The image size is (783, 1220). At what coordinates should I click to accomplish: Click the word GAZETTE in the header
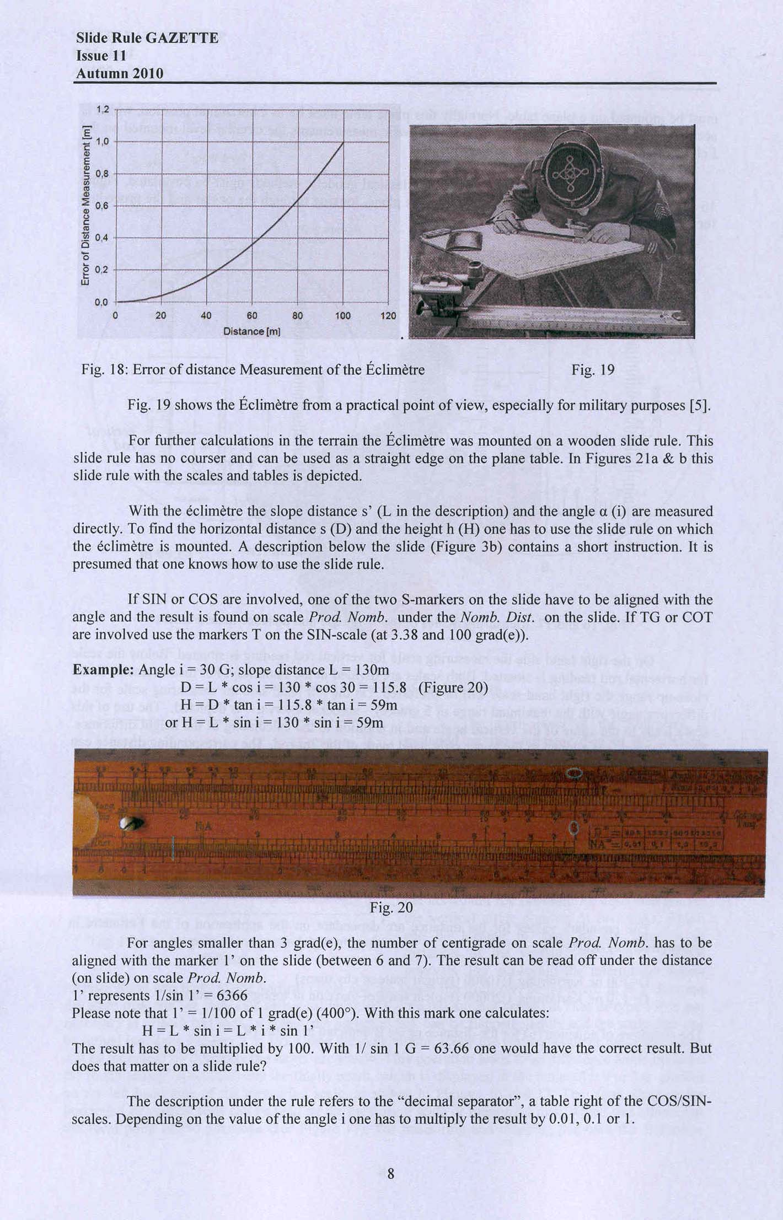[x=182, y=38]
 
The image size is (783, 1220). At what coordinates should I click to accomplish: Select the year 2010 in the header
[x=146, y=73]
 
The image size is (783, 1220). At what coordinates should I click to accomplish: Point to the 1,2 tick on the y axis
[x=103, y=109]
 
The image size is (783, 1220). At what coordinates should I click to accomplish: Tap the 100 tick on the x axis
[x=343, y=315]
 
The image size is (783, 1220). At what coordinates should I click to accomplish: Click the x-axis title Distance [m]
[x=252, y=331]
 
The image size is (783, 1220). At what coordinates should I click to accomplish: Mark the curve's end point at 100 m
[x=344, y=142]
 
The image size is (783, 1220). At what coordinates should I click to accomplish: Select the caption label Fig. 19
[x=593, y=369]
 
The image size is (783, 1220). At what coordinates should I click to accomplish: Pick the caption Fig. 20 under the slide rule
[x=391, y=907]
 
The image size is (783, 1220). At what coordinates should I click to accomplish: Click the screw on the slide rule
[x=132, y=823]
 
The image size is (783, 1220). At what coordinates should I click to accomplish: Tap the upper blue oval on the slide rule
[x=575, y=774]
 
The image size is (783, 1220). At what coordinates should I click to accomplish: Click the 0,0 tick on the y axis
[x=103, y=302]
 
